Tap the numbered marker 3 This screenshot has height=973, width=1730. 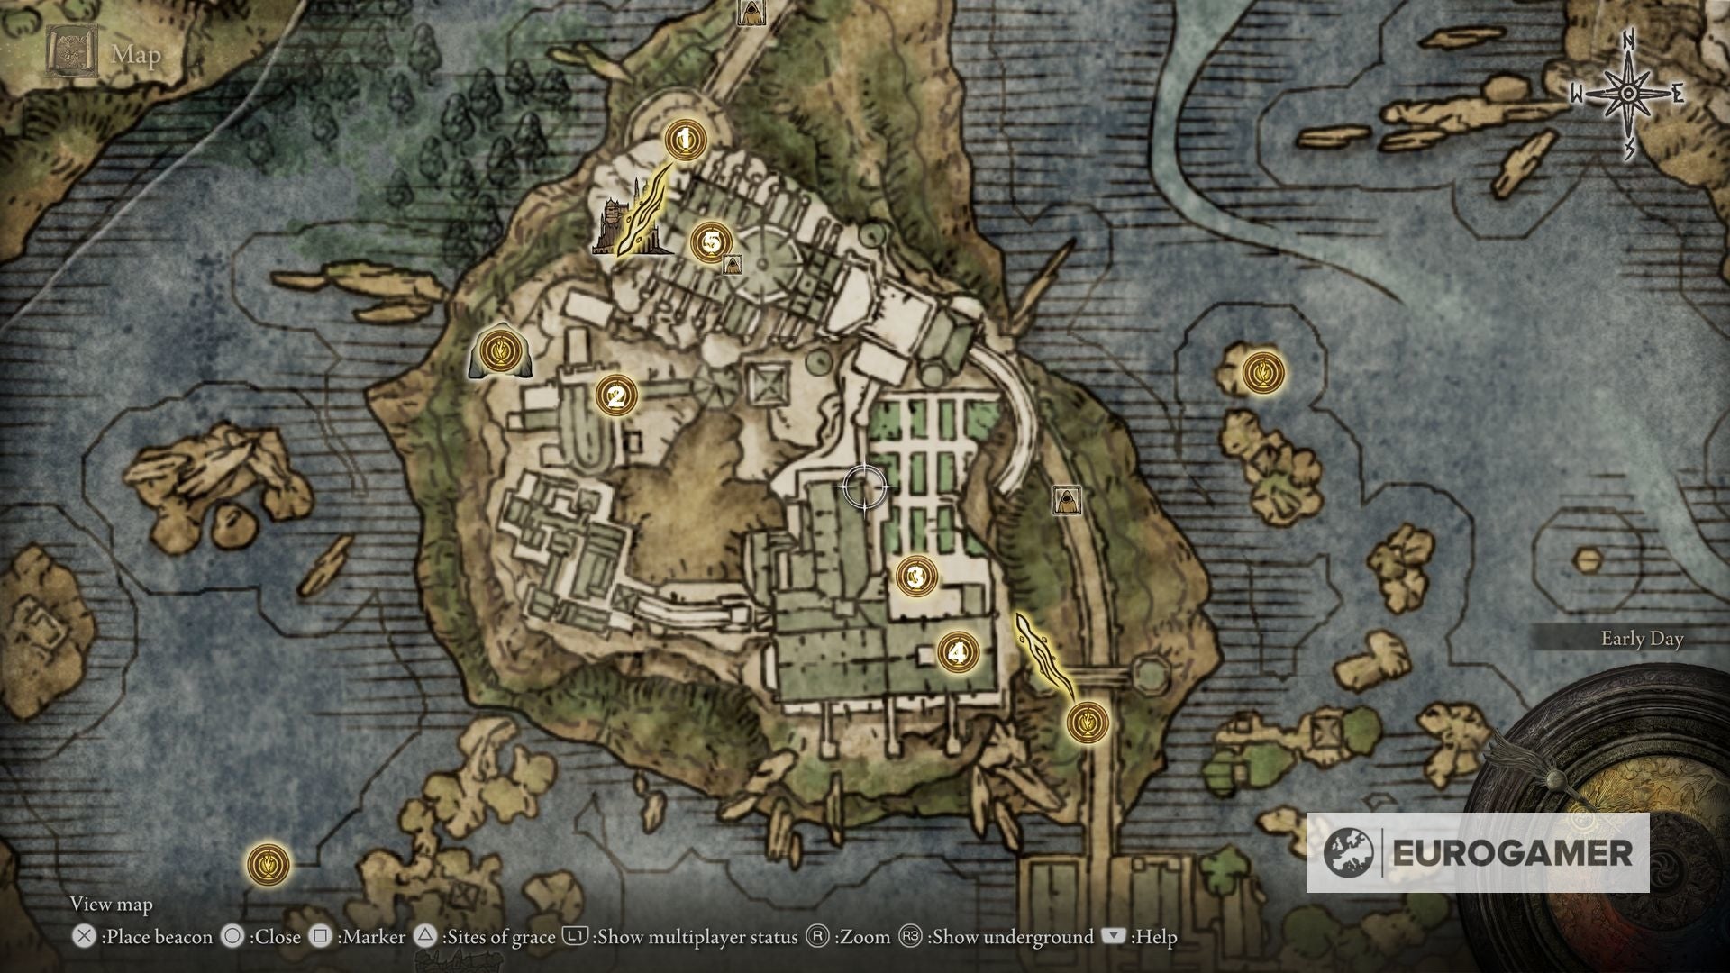916,576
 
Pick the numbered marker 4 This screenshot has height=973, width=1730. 957,651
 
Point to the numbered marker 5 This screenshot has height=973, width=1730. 711,241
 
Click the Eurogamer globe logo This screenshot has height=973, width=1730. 1349,852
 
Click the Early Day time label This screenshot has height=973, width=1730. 1642,639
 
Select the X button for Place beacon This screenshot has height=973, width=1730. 84,937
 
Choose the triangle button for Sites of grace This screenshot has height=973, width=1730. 426,937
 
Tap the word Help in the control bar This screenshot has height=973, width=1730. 1155,937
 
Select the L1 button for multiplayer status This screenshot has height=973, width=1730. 575,937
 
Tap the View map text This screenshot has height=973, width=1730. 112,904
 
